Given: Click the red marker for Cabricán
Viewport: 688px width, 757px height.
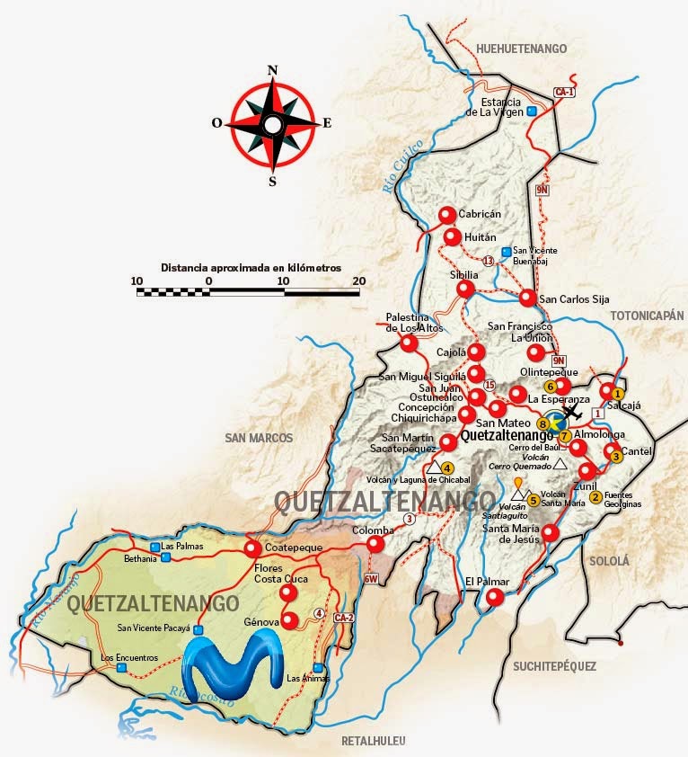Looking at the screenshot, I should (x=447, y=216).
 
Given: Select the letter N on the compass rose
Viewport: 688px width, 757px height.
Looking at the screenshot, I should (x=273, y=70).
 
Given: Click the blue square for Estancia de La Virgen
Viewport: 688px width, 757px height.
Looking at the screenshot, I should (x=532, y=111).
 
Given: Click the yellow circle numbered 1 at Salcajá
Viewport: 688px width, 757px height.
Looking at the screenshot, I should (x=618, y=394).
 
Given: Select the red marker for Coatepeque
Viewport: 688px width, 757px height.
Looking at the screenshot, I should (x=252, y=548).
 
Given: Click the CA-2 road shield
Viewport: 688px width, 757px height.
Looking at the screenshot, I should (x=343, y=618).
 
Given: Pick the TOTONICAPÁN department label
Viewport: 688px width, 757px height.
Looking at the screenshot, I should (x=647, y=316).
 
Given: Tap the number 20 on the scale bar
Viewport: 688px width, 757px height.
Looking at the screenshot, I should (x=359, y=281).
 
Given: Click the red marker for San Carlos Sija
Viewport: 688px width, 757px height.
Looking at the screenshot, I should (x=527, y=298).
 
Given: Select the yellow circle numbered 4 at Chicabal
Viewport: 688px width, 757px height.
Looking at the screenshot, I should (x=447, y=467).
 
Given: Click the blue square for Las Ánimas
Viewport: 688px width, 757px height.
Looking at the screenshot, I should (x=319, y=667).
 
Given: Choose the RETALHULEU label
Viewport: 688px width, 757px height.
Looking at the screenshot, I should (x=375, y=741).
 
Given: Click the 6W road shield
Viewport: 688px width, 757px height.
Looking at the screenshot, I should (x=372, y=579).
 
